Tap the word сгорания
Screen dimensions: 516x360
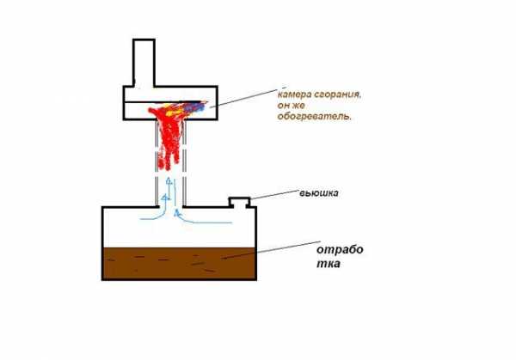(x=338, y=95)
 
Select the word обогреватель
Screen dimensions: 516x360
(x=315, y=116)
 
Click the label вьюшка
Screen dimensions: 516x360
(x=318, y=193)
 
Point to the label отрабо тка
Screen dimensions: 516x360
(x=340, y=256)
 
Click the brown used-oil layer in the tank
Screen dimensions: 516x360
(x=180, y=264)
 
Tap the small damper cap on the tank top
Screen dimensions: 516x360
(x=240, y=202)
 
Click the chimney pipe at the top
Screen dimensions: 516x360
(x=144, y=63)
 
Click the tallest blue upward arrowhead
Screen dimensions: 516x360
(x=169, y=180)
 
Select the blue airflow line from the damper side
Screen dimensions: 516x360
(x=200, y=221)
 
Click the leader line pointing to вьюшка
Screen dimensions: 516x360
(x=274, y=194)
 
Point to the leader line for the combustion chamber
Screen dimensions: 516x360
(x=247, y=97)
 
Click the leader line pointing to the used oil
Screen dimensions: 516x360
(x=271, y=250)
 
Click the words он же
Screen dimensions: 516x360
(x=292, y=106)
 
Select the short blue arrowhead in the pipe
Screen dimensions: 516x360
(x=164, y=198)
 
